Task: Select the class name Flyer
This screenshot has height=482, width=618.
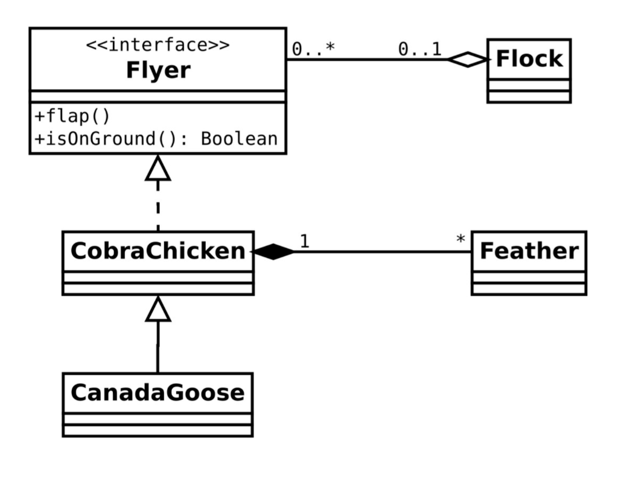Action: click(158, 71)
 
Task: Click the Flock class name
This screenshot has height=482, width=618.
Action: click(529, 59)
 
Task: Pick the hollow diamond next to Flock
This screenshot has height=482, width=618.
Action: click(467, 59)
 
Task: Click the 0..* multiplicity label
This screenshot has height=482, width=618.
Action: click(312, 49)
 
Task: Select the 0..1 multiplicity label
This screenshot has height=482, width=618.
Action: click(419, 49)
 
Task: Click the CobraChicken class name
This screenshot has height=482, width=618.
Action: click(158, 251)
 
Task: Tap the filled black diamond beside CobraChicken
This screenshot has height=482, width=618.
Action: click(273, 252)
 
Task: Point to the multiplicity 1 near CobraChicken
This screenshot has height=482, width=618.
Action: click(304, 241)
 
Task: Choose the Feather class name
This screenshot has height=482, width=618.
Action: click(529, 251)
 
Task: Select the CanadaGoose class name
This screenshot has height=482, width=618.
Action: click(158, 392)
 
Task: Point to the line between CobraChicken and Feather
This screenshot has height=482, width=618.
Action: click(380, 252)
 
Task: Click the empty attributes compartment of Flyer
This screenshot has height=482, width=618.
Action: click(158, 96)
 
